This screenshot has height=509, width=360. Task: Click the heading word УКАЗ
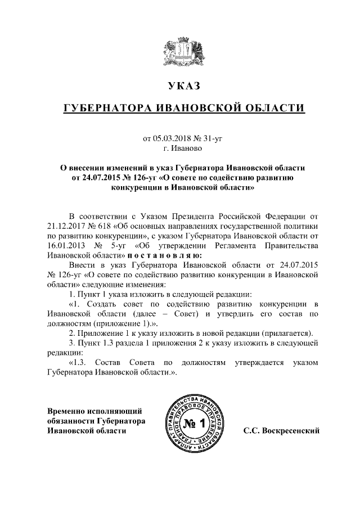[184, 86]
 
